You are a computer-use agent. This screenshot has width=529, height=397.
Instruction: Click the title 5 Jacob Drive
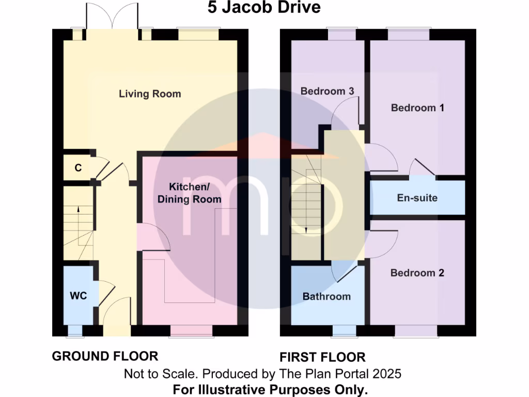click(x=264, y=8)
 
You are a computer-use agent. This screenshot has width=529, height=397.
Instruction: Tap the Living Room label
click(x=150, y=94)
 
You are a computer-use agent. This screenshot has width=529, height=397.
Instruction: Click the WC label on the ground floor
click(x=78, y=296)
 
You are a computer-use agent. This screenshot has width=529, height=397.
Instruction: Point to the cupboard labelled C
click(x=78, y=167)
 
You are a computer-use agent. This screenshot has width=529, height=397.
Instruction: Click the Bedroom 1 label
click(x=417, y=108)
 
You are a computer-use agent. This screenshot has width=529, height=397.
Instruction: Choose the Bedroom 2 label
click(x=417, y=272)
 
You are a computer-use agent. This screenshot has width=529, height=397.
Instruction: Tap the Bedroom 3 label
click(x=328, y=91)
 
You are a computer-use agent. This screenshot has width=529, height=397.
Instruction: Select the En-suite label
click(x=417, y=197)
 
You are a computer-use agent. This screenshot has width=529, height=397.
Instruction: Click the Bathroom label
click(x=326, y=296)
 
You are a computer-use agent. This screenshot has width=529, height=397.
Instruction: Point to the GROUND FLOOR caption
click(x=105, y=356)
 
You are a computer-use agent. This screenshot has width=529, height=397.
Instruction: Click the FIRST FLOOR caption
click(x=322, y=357)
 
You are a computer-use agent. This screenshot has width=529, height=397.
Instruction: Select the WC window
click(x=75, y=331)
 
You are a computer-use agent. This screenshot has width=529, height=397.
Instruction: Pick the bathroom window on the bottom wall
click(x=344, y=331)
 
